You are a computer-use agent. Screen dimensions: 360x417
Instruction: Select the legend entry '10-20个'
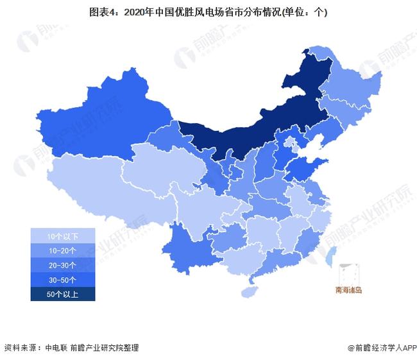pyautogui.click(x=62, y=250)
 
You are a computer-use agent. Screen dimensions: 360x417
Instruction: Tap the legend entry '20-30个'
pyautogui.click(x=62, y=265)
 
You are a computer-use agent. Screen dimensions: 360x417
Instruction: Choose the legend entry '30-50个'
pyautogui.click(x=62, y=280)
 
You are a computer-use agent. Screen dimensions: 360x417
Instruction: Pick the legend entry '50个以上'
pyautogui.click(x=62, y=294)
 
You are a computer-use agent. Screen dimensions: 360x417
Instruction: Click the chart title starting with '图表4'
pyautogui.click(x=208, y=12)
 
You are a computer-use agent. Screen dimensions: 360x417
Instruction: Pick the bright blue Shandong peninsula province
pyautogui.click(x=302, y=168)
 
